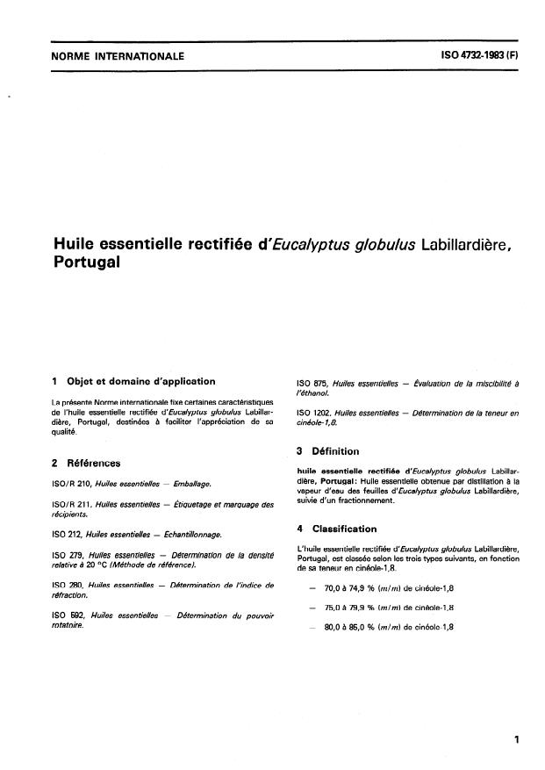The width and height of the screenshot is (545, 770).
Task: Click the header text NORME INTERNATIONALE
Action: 118,56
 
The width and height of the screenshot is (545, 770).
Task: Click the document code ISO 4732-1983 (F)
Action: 478,55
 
